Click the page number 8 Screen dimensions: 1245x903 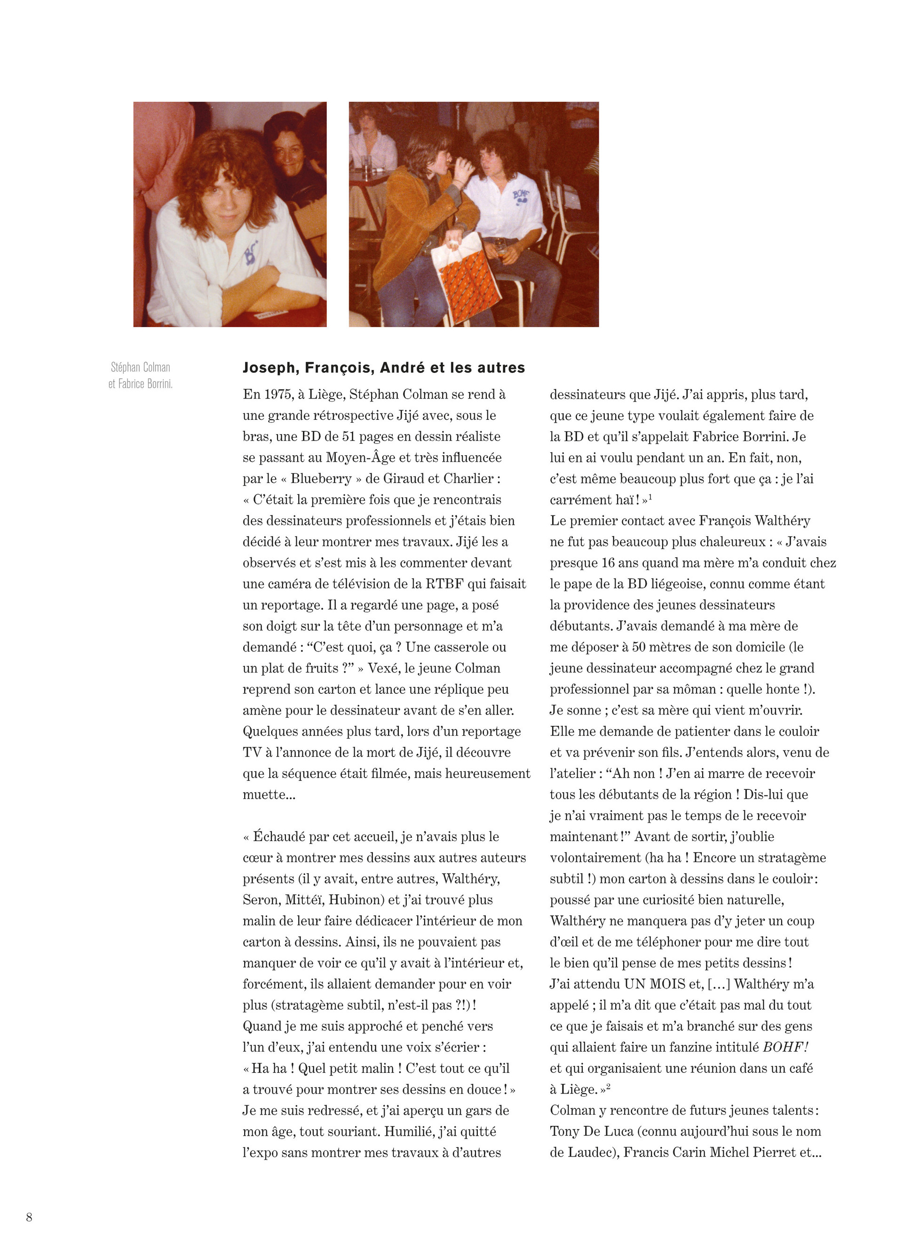(x=29, y=1217)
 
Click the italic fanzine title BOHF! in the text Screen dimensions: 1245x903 (x=785, y=1047)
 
